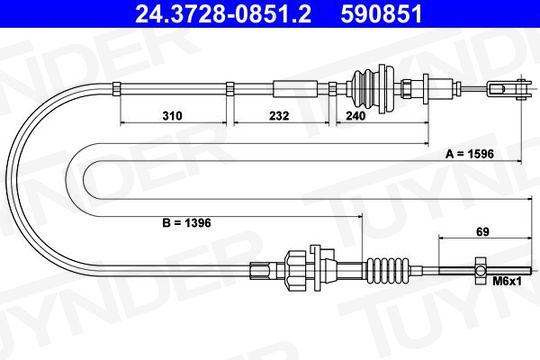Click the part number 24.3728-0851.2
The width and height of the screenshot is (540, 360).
[223, 14]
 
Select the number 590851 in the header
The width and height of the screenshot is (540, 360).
[382, 14]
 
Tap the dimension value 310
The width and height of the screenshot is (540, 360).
[172, 116]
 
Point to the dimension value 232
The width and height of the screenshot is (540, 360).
[279, 116]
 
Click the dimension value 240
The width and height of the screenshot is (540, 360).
[355, 116]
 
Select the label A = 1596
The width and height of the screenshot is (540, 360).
[470, 154]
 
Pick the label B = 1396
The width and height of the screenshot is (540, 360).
[187, 223]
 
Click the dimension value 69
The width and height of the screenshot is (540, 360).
[482, 232]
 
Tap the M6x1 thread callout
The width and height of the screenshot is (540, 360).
[507, 281]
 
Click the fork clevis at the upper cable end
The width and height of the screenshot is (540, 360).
[510, 89]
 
